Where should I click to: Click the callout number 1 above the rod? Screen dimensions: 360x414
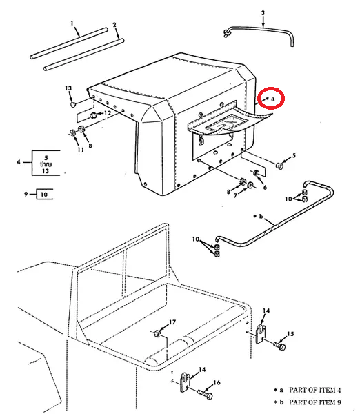pyautogui.click(x=72, y=23)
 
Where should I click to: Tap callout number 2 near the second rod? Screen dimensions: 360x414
pyautogui.click(x=114, y=25)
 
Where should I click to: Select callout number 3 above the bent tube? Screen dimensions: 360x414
pyautogui.click(x=263, y=13)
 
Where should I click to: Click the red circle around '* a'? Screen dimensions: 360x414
pyautogui.click(x=271, y=98)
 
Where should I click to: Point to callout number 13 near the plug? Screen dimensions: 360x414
pyautogui.click(x=68, y=88)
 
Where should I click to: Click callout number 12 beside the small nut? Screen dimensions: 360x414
pyautogui.click(x=108, y=113)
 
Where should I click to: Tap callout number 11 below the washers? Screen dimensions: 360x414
pyautogui.click(x=81, y=150)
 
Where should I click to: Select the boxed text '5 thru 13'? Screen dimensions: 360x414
pyautogui.click(x=46, y=164)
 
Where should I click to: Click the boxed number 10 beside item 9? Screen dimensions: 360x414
pyautogui.click(x=44, y=195)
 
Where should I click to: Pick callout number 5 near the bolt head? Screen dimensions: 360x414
pyautogui.click(x=294, y=156)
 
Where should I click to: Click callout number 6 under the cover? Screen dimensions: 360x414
pyautogui.click(x=265, y=187)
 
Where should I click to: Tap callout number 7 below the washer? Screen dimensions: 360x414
pyautogui.click(x=235, y=196)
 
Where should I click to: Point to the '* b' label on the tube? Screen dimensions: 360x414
pyautogui.click(x=258, y=217)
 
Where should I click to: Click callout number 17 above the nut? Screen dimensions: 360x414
pyautogui.click(x=172, y=322)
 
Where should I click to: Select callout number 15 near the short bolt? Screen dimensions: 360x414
pyautogui.click(x=290, y=334)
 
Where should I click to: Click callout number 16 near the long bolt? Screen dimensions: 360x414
pyautogui.click(x=217, y=382)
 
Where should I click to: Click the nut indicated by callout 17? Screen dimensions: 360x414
pyautogui.click(x=157, y=333)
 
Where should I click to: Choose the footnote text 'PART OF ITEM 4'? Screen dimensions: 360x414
pyautogui.click(x=315, y=390)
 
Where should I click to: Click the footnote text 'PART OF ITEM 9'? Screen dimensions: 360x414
pyautogui.click(x=315, y=402)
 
